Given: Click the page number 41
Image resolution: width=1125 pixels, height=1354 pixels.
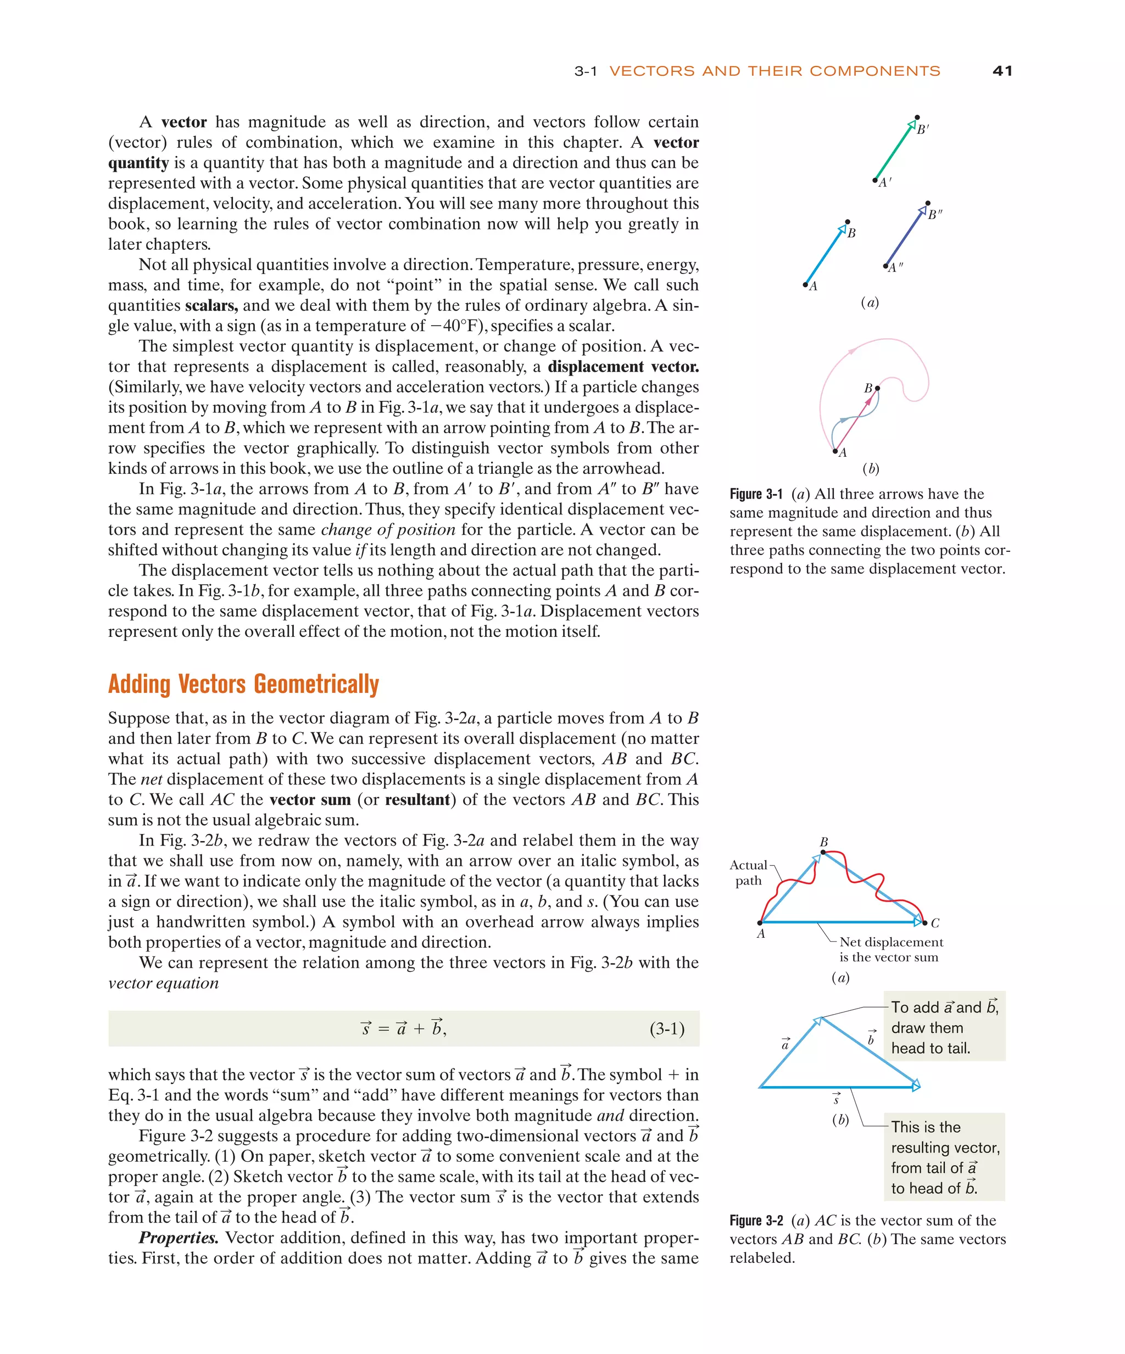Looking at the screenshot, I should (x=1002, y=71).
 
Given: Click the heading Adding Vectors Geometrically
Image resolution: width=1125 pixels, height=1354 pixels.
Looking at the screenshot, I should (x=243, y=684).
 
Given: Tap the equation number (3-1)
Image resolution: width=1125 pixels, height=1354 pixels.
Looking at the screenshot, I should (x=666, y=1028).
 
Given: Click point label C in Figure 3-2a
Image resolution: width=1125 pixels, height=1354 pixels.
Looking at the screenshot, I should (x=935, y=924).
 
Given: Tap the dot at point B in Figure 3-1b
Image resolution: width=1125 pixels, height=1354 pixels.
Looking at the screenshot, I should (x=877, y=388).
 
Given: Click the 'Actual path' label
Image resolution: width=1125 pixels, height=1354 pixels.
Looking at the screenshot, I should (x=748, y=873).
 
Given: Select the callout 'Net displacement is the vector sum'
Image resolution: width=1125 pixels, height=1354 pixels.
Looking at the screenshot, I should (x=890, y=950).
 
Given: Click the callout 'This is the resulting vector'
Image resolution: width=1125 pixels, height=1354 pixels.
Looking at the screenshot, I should (x=944, y=1157).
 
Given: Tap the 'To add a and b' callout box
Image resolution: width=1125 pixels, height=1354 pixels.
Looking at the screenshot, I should (x=944, y=1028).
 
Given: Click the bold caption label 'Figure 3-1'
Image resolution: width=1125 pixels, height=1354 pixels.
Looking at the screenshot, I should (x=755, y=495).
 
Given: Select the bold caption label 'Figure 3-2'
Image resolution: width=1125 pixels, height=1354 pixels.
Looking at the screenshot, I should (x=755, y=1221).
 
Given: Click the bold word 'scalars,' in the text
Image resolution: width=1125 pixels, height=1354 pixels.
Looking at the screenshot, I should (x=211, y=306).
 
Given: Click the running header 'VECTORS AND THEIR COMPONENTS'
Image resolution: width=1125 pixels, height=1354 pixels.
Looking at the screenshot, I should (x=774, y=71).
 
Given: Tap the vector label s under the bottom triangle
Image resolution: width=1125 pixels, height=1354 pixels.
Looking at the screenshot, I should (x=837, y=1099).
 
